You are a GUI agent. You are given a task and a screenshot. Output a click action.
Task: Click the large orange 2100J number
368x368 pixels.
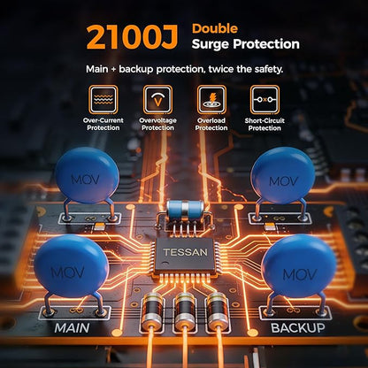tap(132, 37)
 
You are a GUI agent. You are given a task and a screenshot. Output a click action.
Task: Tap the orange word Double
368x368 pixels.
tap(215, 28)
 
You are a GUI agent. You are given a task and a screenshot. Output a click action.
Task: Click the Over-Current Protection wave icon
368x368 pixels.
tap(103, 100)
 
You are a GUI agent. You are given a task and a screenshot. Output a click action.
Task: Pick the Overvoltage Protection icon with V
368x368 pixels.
tap(157, 100)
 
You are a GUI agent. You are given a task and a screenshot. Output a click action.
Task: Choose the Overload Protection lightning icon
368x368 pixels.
tap(211, 100)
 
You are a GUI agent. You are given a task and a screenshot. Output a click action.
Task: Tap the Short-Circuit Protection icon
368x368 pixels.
tap(264, 100)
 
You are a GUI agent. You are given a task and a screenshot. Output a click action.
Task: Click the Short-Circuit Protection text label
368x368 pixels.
tap(264, 125)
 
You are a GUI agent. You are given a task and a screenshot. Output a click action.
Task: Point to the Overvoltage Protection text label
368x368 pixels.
tap(157, 124)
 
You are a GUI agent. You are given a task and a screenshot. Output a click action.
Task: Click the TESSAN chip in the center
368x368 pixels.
tap(185, 255)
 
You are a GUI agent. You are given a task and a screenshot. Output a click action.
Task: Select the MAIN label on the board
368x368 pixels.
tap(72, 328)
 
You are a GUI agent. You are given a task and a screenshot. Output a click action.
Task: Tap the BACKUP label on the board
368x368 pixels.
tap(297, 328)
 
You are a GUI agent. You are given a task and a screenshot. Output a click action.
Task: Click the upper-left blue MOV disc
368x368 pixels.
tap(87, 175)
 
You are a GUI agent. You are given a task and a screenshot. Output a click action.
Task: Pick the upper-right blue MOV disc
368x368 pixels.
tap(283, 175)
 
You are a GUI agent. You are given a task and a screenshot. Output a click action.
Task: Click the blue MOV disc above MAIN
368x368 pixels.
tap(72, 265)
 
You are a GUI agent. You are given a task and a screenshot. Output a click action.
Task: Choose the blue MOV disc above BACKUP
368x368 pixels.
tap(298, 265)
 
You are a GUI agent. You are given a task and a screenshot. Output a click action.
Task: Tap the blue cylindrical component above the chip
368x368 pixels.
tap(185, 210)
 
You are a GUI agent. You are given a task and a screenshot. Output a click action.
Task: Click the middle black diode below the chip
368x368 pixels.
tap(185, 311)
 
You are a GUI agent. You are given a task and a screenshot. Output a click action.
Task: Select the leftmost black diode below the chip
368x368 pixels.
tap(152, 311)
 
